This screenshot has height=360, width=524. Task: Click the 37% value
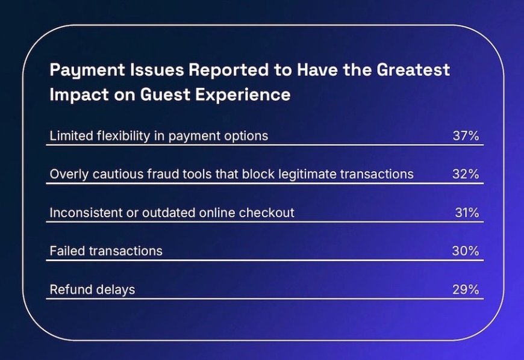466,136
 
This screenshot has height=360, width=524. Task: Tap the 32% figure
466,174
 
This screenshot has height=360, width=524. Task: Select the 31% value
467,213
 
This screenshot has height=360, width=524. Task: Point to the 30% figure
466,251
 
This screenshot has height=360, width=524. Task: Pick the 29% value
466,290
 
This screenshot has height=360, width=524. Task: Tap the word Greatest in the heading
413,70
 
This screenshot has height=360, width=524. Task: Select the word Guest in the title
165,95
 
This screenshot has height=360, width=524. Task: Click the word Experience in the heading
243,95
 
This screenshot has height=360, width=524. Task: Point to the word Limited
71,136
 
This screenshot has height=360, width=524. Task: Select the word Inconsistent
86,213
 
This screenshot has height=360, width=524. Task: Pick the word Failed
67,251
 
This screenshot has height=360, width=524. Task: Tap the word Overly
69,175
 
